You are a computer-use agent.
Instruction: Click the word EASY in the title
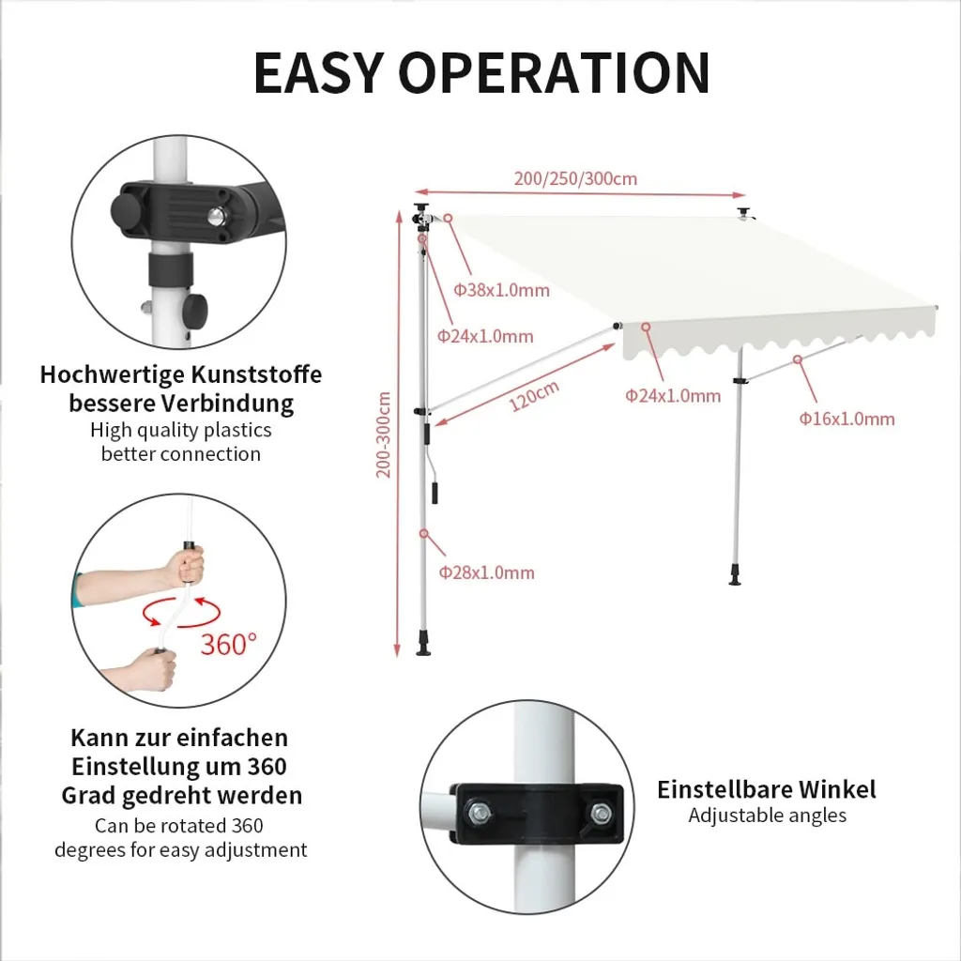tap(319, 72)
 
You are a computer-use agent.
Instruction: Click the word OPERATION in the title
tap(555, 72)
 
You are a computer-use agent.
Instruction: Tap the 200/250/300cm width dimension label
tap(575, 178)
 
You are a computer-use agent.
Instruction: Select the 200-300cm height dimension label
tap(384, 435)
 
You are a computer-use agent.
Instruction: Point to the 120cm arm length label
tap(534, 396)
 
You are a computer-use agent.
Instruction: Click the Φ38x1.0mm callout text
tap(501, 290)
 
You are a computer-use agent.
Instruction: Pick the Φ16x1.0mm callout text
tap(847, 419)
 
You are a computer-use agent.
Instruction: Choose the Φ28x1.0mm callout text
tap(487, 572)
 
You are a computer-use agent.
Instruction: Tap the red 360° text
tap(229, 644)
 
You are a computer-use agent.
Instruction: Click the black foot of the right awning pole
tap(736, 575)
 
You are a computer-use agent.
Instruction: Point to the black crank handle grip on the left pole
tap(435, 493)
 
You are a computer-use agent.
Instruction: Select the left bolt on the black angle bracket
tap(479, 814)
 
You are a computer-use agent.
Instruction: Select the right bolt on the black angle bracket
tap(602, 815)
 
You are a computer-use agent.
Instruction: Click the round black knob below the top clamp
tap(196, 306)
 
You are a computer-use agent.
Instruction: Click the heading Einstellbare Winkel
tap(767, 789)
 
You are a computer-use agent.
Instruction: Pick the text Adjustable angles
tap(768, 816)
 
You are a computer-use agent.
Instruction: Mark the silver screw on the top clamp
tap(216, 216)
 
